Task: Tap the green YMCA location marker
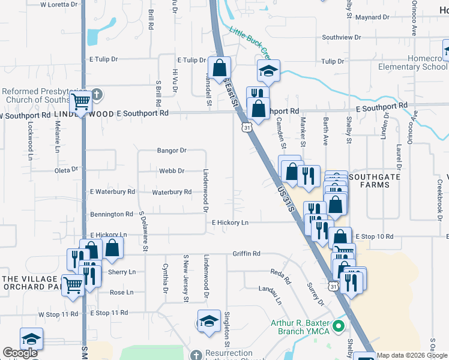(x=339, y=327)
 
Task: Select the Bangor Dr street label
(x=172, y=151)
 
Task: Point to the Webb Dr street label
(x=171, y=171)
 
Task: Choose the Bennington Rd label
(x=111, y=214)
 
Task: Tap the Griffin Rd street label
(x=246, y=254)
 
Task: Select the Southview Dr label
(x=341, y=37)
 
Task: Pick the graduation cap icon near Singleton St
(x=209, y=320)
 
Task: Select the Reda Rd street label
(x=280, y=278)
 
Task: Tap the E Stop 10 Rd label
(x=373, y=237)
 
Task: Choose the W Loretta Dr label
(x=59, y=4)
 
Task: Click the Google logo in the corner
(x=20, y=353)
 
